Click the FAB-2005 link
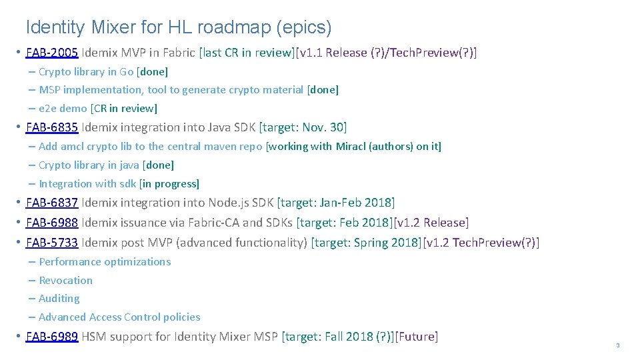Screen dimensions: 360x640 tap(52, 53)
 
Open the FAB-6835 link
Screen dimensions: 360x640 tap(52, 127)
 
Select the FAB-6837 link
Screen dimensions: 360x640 tap(52, 203)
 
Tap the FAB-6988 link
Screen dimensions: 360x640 tap(52, 223)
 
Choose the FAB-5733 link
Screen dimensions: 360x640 tap(52, 243)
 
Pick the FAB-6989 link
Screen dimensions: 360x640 tap(52, 337)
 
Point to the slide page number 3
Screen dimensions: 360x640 tap(617, 345)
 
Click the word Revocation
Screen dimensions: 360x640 tap(65, 281)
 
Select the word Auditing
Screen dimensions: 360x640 tap(59, 299)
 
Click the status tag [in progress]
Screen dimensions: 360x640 tap(169, 184)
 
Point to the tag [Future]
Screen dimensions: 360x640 tap(417, 337)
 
